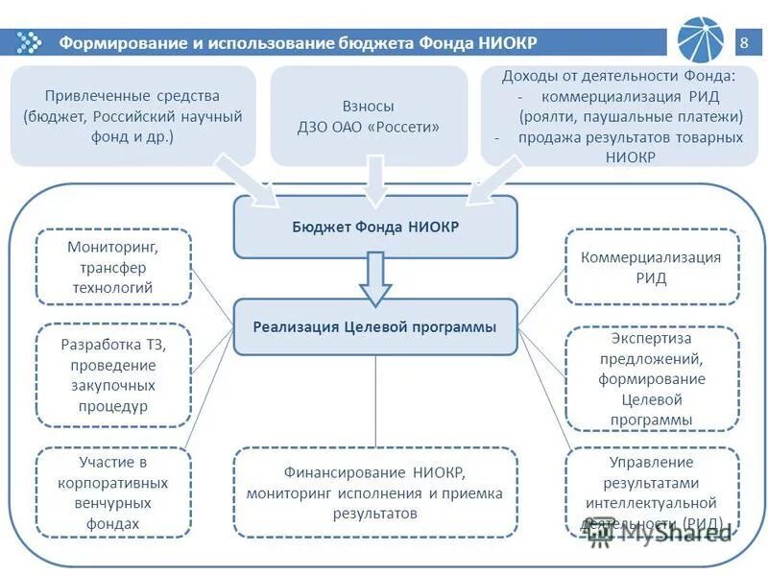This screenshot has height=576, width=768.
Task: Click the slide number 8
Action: click(x=745, y=42)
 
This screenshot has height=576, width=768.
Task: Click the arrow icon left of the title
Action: click(x=31, y=42)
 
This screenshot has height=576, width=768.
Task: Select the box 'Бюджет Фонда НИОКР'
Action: click(x=375, y=228)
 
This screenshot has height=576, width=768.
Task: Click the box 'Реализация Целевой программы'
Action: click(x=375, y=326)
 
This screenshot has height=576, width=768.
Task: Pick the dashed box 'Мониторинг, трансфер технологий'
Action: click(x=113, y=267)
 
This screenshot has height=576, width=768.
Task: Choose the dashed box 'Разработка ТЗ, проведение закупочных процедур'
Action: click(x=113, y=374)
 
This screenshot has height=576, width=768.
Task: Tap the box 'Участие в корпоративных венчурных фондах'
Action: click(x=113, y=492)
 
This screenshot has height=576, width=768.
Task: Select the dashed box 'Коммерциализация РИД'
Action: click(x=651, y=267)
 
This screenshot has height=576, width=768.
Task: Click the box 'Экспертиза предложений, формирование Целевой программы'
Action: click(x=651, y=378)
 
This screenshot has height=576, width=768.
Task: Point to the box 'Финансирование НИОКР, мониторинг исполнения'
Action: click(x=375, y=492)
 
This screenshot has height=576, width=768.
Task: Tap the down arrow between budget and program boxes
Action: click(x=375, y=279)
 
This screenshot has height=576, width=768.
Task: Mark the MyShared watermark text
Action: click(x=662, y=534)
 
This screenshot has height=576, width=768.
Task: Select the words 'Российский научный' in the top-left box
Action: click(x=182, y=116)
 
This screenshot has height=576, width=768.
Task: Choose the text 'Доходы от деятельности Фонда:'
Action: click(x=618, y=76)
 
